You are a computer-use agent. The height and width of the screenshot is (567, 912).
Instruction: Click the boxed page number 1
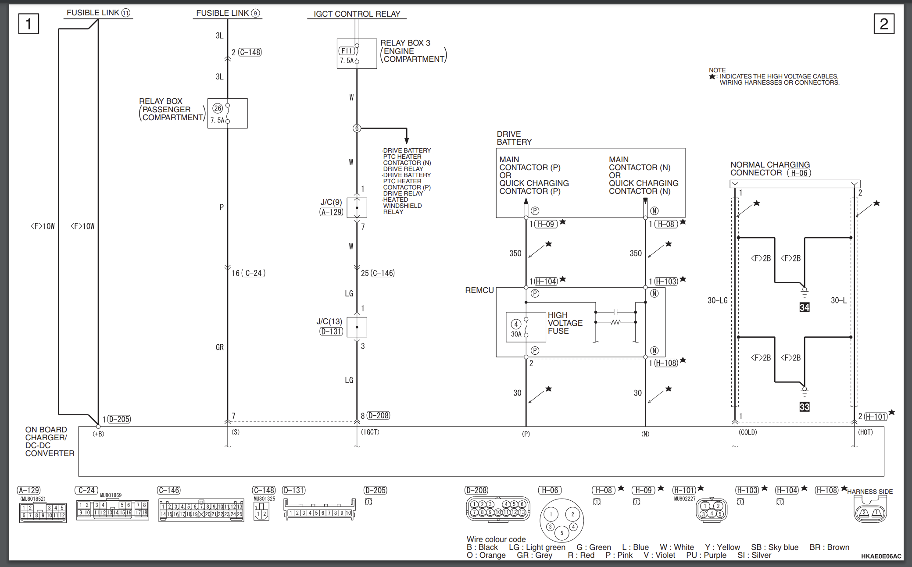pos(29,24)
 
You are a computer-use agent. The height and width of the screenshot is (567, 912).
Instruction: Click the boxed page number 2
pos(884,24)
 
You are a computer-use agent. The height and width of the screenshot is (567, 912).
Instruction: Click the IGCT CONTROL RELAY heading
pos(357,14)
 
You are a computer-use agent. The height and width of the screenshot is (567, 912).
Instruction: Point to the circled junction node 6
pos(357,128)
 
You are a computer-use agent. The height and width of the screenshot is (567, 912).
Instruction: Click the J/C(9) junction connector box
pos(357,207)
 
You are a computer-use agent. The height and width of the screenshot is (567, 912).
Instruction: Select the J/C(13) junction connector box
pos(357,327)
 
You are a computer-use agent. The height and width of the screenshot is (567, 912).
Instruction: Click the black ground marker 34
pos(804,307)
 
